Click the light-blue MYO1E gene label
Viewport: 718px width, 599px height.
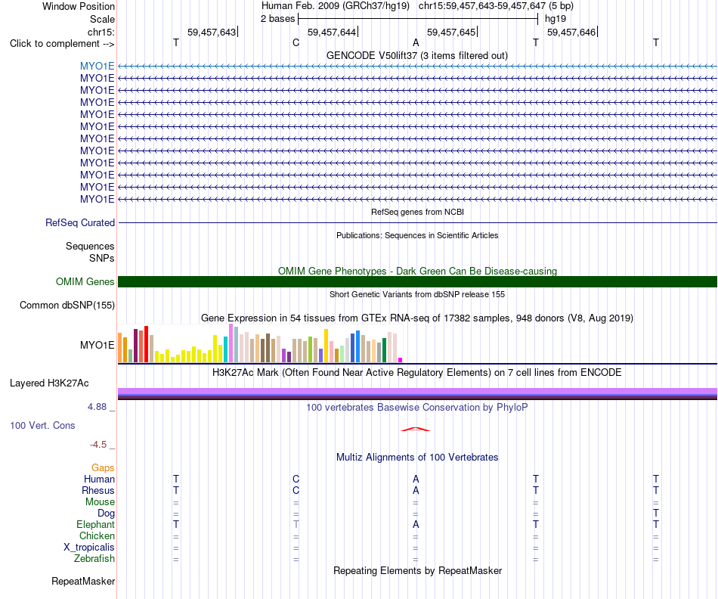tap(97, 66)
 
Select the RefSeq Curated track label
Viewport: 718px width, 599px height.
tap(80, 223)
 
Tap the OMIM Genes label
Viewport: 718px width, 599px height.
tap(85, 282)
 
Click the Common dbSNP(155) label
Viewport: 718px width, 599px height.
tap(67, 306)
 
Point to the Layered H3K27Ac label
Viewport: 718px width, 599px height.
tap(49, 383)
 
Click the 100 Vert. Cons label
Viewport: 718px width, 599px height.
tap(42, 425)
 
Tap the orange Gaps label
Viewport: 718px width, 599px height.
tap(103, 468)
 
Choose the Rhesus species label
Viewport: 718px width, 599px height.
tap(98, 490)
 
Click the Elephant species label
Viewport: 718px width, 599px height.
tap(96, 524)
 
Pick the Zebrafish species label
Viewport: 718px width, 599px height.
tap(94, 559)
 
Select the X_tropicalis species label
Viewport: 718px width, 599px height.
tap(89, 548)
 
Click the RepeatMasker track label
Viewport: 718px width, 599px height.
tap(83, 581)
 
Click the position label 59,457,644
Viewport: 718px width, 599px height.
tap(332, 32)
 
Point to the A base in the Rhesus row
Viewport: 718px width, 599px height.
tap(416, 490)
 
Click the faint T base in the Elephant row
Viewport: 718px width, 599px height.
tap(296, 524)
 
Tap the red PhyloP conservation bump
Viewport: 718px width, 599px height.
tap(416, 429)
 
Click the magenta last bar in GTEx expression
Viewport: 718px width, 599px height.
tap(401, 360)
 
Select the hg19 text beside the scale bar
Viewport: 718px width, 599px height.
tap(556, 19)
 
